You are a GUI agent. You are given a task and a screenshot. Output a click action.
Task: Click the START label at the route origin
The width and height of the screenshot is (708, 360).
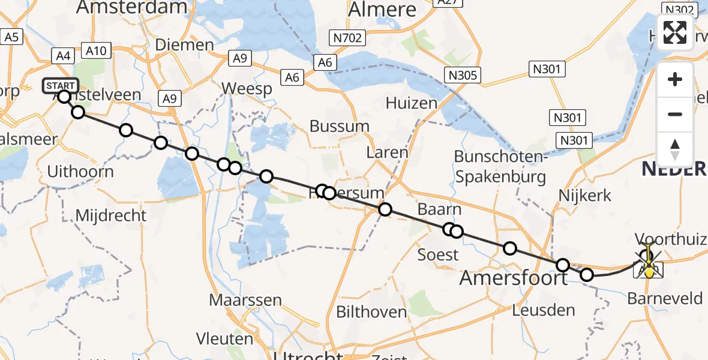(x=60, y=86)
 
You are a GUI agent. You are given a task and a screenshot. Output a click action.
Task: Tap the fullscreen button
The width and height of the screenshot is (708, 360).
(x=675, y=32)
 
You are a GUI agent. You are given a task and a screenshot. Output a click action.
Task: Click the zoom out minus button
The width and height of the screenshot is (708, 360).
(x=675, y=114)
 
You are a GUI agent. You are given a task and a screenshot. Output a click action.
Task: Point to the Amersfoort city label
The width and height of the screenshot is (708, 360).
(x=513, y=278)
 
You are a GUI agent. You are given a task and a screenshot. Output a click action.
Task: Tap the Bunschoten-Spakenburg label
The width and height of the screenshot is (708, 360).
(x=500, y=166)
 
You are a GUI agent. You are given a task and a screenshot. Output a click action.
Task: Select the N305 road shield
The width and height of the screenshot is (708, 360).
(x=461, y=74)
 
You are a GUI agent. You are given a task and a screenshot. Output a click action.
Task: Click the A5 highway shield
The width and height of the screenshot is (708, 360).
(x=12, y=37)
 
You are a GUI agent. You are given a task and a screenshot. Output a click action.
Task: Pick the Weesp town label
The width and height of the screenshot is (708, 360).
(x=247, y=89)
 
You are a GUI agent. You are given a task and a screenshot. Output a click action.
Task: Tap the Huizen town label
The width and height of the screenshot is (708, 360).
(x=412, y=103)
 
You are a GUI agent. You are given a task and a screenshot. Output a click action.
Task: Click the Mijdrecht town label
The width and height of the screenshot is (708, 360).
(x=111, y=215)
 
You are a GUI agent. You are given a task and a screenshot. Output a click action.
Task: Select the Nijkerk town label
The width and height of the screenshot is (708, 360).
(x=584, y=195)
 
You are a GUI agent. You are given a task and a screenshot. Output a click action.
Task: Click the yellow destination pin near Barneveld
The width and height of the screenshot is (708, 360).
(x=649, y=271)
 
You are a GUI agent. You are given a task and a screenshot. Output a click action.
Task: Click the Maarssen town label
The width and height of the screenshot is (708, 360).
(x=238, y=299)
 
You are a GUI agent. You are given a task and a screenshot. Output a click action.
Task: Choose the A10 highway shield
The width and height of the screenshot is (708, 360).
(x=96, y=50)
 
